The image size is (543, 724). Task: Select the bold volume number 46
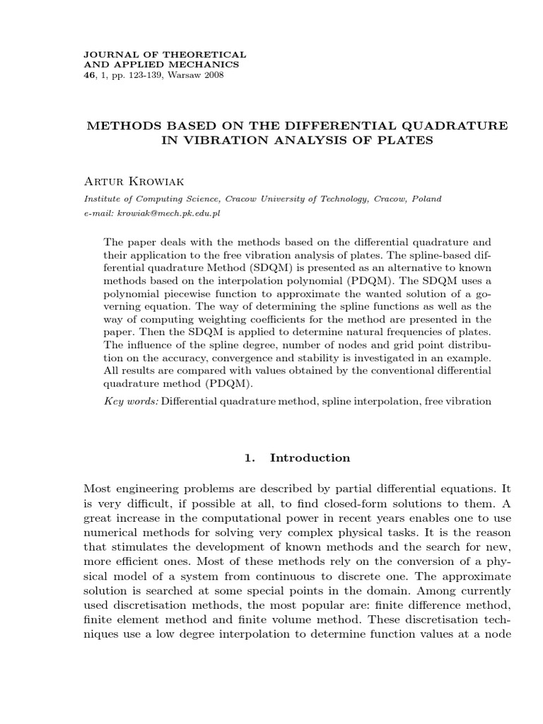(89, 74)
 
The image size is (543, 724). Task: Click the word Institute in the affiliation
(103, 199)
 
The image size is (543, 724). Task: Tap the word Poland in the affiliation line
(425, 199)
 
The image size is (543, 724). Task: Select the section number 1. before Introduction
(249, 457)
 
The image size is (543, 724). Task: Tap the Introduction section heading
(310, 457)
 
